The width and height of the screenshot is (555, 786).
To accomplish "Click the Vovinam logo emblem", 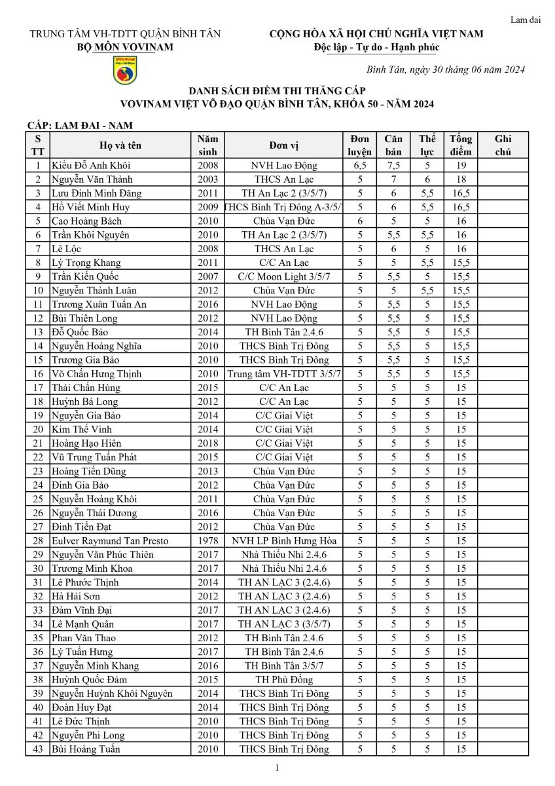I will point(124,70).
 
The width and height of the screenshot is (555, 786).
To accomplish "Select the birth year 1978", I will point(207,541).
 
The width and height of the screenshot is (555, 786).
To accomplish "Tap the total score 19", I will point(461,166).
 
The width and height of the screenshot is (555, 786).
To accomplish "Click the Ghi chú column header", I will point(503,145).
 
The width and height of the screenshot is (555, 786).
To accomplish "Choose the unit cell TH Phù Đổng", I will point(284,680).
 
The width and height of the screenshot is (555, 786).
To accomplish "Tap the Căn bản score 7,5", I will point(393,166).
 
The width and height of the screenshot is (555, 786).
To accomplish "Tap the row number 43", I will point(38,749).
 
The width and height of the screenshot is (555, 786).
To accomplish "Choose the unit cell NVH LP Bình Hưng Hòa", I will point(284,541).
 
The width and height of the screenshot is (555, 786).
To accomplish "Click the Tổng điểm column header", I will point(461,145).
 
